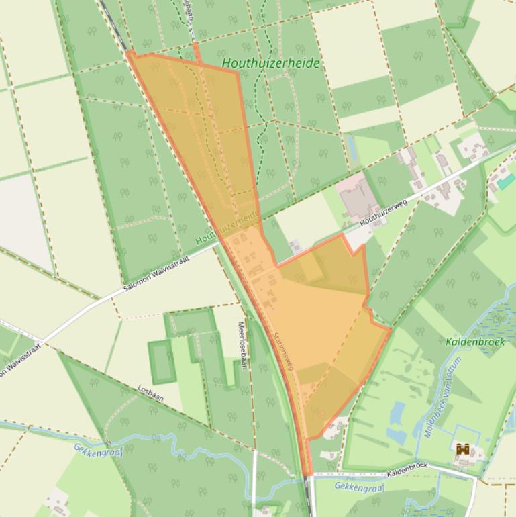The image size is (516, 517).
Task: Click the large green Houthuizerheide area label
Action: coord(271,64)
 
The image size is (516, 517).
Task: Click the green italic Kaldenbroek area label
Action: coord(474,342)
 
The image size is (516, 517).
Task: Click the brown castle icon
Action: coord(462,450)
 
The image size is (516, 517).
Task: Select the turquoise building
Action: coord(505,181)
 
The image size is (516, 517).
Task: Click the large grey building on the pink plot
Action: coord(358,199)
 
